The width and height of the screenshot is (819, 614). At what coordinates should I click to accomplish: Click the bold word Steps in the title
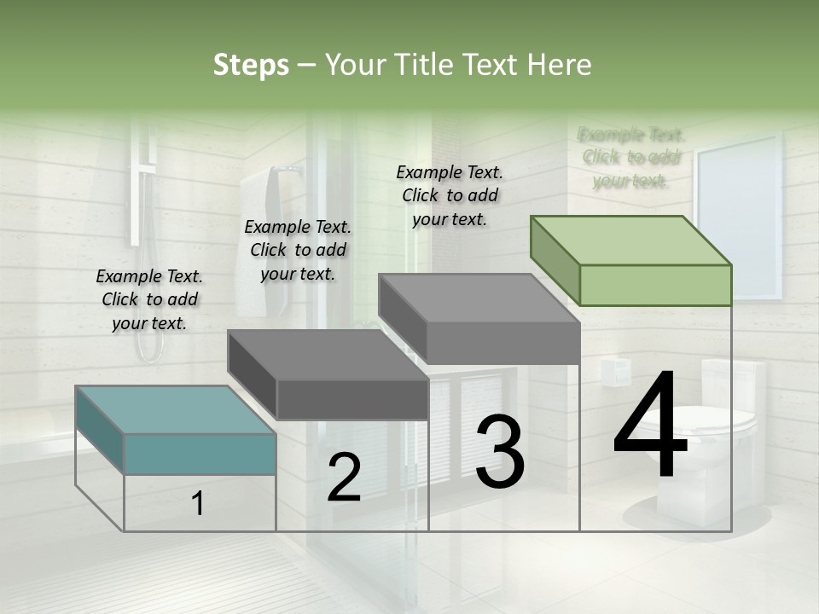click(x=251, y=65)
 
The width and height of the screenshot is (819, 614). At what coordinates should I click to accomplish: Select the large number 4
click(x=650, y=427)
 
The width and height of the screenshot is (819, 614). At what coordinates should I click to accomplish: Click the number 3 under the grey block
click(x=500, y=451)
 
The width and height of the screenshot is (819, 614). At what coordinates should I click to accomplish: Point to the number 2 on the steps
click(x=344, y=477)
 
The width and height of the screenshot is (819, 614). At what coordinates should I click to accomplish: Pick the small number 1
click(x=198, y=504)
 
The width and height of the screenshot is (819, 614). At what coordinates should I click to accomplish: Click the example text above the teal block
click(x=149, y=299)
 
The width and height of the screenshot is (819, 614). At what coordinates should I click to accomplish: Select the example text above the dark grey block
click(x=298, y=250)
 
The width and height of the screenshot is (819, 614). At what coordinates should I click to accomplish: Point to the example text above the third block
click(x=450, y=195)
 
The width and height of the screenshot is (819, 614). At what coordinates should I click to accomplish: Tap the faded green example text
click(x=630, y=158)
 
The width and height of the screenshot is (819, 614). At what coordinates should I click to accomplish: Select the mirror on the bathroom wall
click(x=739, y=213)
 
